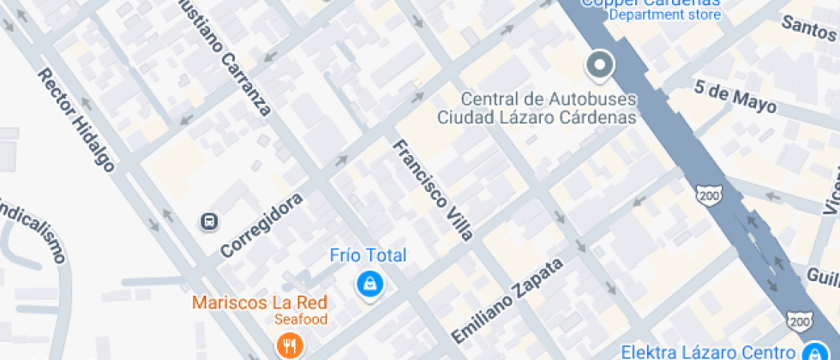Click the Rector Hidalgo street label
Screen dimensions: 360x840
[76, 120]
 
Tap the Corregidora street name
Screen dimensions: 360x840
[261, 225]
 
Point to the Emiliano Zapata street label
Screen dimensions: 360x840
[507, 299]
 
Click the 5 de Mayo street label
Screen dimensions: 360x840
[735, 97]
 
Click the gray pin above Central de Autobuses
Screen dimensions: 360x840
[598, 66]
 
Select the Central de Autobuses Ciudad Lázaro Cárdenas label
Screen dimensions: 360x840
[537, 108]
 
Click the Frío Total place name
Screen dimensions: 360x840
[369, 255]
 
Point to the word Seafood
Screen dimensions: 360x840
[301, 320]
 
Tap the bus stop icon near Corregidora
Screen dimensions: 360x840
[208, 222]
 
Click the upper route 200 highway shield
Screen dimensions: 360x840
[706, 194]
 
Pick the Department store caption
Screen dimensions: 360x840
[665, 15]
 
